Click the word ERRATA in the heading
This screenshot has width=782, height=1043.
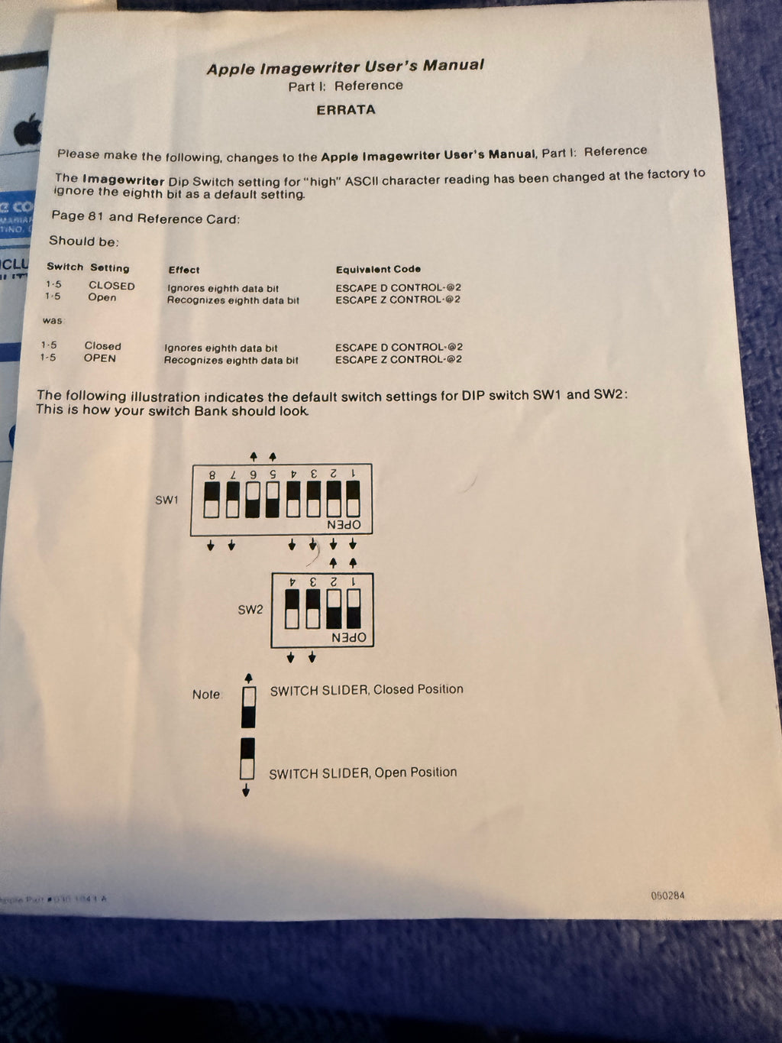346,110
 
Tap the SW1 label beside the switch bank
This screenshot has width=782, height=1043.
166,500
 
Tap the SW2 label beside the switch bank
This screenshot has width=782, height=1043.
250,610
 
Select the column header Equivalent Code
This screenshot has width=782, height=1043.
378,269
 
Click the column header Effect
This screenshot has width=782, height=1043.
184,270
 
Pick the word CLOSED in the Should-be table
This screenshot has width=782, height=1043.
111,286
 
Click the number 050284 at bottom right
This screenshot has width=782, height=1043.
667,896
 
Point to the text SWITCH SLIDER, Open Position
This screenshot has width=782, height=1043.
363,773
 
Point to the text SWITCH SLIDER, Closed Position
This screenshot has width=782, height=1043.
367,689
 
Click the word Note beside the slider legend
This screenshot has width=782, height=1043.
206,695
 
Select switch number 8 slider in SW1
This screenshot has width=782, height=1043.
212,499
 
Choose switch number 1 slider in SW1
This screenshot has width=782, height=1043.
353,499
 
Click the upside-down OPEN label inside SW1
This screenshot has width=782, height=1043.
344,525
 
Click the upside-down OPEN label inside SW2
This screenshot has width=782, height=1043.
349,637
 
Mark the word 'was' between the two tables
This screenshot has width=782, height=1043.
52,320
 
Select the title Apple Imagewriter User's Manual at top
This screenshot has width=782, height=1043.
345,67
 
